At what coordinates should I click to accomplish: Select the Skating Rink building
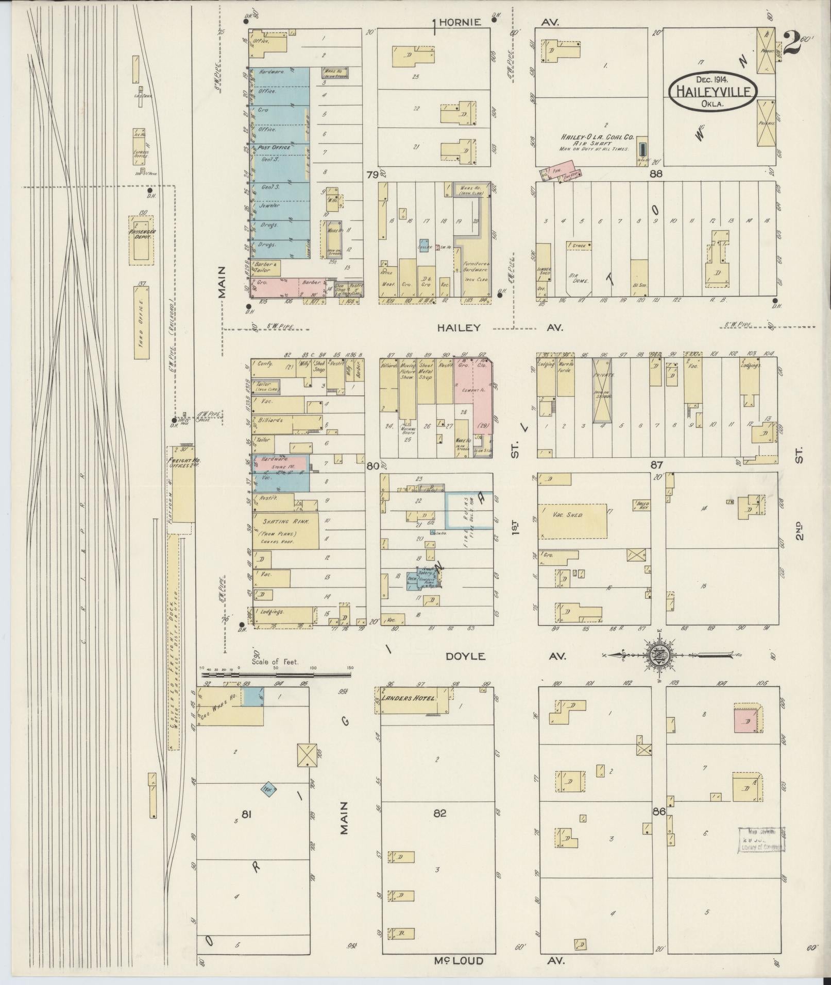click(285, 530)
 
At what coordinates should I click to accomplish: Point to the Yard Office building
click(142, 322)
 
